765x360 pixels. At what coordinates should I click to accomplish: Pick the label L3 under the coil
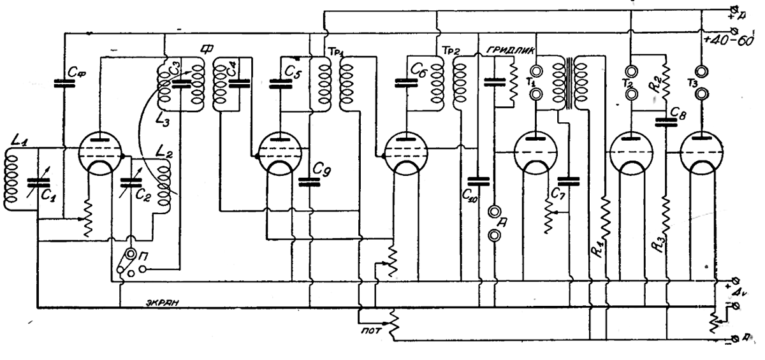coord(164,115)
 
